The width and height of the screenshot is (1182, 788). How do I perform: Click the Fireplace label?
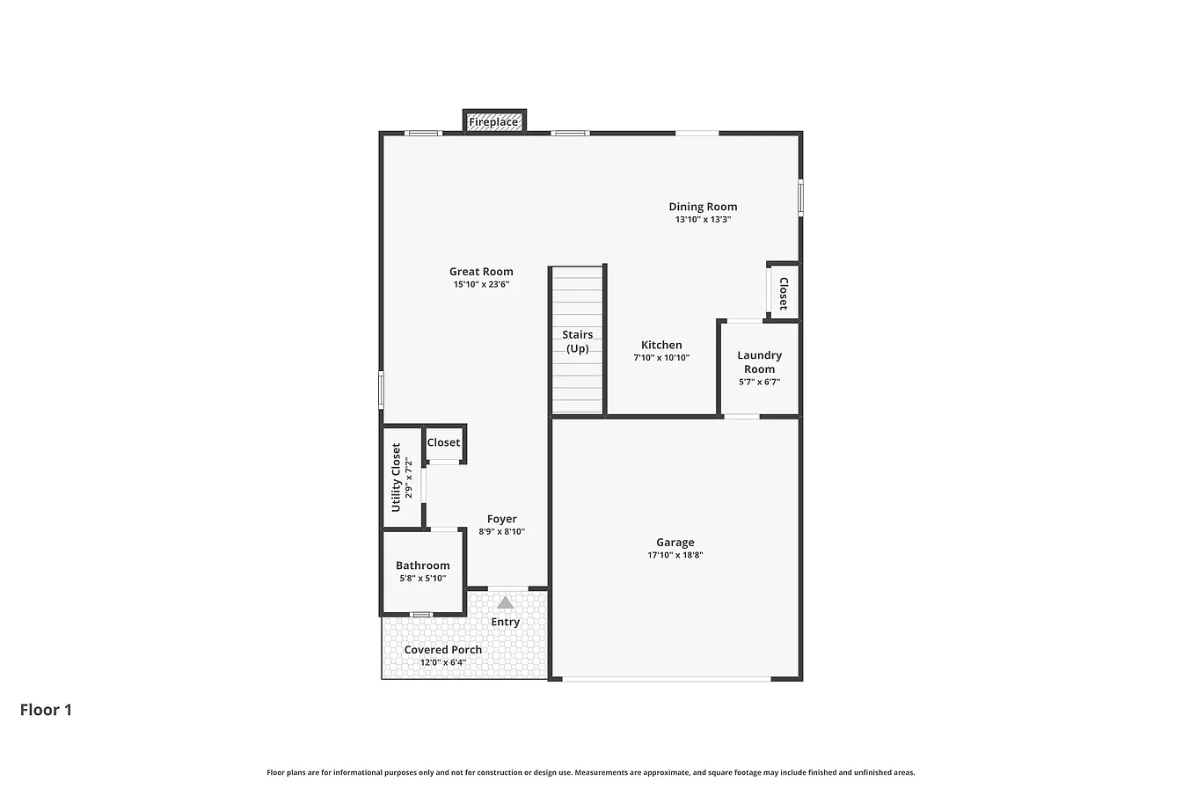click(x=493, y=122)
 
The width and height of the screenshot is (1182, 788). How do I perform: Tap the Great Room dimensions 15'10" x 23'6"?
click(x=481, y=284)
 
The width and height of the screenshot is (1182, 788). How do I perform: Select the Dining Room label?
click(x=703, y=207)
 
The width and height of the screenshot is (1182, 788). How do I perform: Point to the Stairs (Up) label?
click(x=577, y=341)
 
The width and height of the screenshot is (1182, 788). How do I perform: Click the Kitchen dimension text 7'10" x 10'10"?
click(x=661, y=358)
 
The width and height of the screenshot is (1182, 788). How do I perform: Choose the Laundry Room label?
click(x=759, y=362)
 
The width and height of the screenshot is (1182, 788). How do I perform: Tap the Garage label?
click(x=675, y=543)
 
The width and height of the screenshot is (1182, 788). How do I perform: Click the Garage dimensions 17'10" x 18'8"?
click(x=675, y=555)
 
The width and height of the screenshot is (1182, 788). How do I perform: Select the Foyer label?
click(x=502, y=520)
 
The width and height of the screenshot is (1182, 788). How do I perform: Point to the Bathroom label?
click(x=423, y=565)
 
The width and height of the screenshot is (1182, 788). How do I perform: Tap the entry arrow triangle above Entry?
click(x=505, y=602)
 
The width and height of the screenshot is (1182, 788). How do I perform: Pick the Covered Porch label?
click(x=442, y=650)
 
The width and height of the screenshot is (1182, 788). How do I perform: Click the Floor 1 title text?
click(x=46, y=710)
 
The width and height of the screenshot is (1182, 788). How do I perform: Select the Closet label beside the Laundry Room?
click(x=783, y=294)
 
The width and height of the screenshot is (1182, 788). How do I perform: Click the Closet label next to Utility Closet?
click(x=443, y=442)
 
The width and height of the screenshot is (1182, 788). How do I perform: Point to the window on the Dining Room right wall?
click(x=800, y=198)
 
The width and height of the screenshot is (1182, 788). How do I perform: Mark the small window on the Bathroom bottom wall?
click(x=421, y=615)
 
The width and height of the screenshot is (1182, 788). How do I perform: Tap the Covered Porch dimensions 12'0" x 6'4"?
click(x=443, y=662)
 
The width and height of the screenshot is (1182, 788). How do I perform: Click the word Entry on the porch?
click(x=505, y=623)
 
